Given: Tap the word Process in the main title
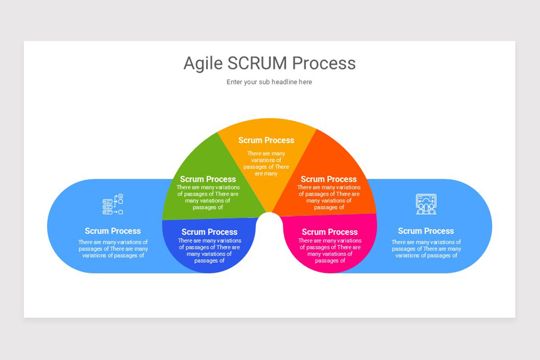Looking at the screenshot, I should pos(324,63).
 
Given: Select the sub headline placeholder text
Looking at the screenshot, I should pos(269,82).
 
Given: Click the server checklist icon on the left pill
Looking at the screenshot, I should pos(112,204).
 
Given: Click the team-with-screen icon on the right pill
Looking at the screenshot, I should pos(426,204).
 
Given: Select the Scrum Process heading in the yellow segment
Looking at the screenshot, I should pos(266,140).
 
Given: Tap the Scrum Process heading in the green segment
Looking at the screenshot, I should pos(208,179).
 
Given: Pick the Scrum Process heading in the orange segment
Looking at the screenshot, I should pos(328,179).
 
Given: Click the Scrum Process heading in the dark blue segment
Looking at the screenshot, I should pos(209,232).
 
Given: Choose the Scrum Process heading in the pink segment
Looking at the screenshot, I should pos(329,232).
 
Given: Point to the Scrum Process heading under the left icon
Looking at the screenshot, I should pos(112,231).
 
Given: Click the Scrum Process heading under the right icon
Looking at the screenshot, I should pos(426,231).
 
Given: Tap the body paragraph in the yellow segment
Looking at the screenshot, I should pos(266,163).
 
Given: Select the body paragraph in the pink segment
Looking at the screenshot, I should pos(329,251).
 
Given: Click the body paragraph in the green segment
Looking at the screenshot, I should pos(208,197).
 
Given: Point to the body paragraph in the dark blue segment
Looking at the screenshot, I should pos(209,251).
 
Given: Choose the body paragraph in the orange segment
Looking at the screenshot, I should pos(329,197).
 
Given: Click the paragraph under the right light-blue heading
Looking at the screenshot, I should pos(426,249).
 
